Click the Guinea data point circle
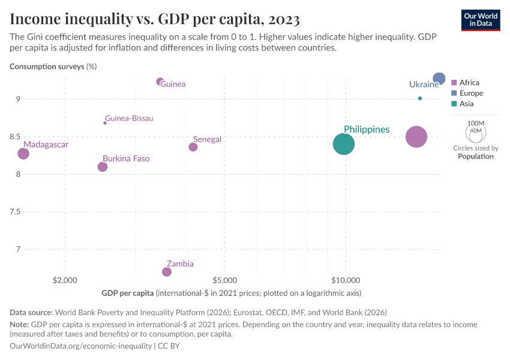pyautogui.click(x=160, y=82)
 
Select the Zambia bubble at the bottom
pyautogui.click(x=167, y=272)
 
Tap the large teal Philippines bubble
pyautogui.click(x=344, y=144)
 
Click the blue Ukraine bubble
pyautogui.click(x=439, y=79)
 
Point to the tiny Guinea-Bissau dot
pyautogui.click(x=105, y=122)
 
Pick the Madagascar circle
pyautogui.click(x=23, y=154)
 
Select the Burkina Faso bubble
pyautogui.click(x=103, y=167)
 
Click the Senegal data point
pyautogui.click(x=193, y=147)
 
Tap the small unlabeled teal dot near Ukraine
pyautogui.click(x=420, y=98)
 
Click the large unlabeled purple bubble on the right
pyautogui.click(x=416, y=137)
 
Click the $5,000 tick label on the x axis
pyautogui.click(x=224, y=280)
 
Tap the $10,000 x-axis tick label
pyautogui.click(x=346, y=280)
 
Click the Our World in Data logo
pyautogui.click(x=481, y=20)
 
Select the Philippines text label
pyautogui.click(x=367, y=129)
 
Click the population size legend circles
pyautogui.click(x=475, y=131)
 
